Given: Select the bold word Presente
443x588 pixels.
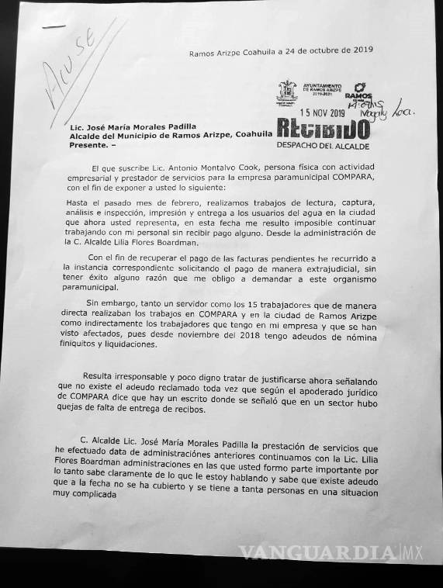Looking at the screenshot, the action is (x=87, y=144).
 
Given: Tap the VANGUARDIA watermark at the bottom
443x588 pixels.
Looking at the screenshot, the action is (x=314, y=553).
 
